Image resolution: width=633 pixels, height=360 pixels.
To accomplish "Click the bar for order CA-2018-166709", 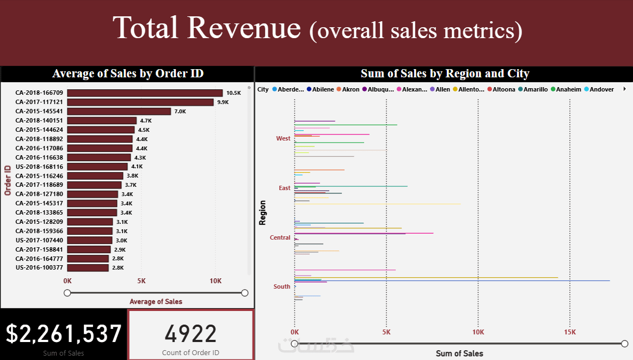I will (145, 93).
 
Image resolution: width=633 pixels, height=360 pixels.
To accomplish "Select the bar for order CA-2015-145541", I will (119, 112).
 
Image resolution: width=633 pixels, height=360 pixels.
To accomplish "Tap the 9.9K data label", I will (223, 102).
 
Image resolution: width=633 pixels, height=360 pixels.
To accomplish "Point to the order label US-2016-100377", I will (39, 268).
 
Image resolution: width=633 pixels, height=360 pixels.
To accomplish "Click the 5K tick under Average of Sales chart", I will (142, 281).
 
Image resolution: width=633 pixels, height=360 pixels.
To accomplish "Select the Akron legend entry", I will (348, 89).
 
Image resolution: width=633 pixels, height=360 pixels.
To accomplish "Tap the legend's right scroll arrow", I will (624, 89).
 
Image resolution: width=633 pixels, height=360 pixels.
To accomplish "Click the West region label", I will (283, 138).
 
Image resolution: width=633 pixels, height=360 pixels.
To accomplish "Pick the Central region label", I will (280, 237).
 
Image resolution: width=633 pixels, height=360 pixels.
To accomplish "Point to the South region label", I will (282, 286).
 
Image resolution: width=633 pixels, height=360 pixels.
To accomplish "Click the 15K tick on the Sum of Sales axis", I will (570, 332).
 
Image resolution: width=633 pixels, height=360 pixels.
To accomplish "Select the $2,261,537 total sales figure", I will (64, 334).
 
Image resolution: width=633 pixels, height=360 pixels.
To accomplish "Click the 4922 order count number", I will (190, 334).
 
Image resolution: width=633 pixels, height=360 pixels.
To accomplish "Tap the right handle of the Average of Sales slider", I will (244, 293).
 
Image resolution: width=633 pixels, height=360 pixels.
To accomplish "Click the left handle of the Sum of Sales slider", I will (294, 343).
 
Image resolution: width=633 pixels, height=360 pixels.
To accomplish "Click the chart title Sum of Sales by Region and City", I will (445, 74).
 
